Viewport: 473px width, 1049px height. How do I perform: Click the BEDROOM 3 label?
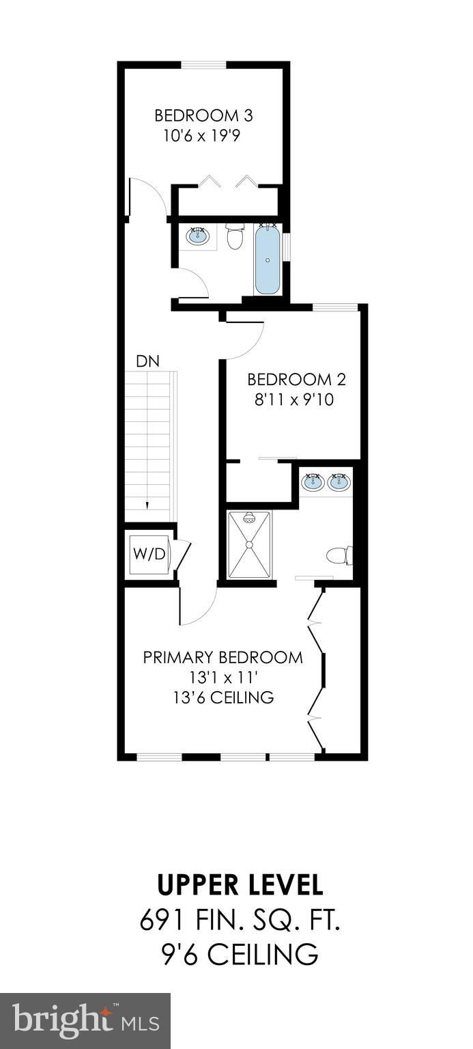coord(203,115)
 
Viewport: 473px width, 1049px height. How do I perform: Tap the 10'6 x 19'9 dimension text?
coord(201,137)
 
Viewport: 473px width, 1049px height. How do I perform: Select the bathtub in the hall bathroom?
coord(267,259)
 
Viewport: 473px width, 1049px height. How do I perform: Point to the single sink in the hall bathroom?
coord(199,236)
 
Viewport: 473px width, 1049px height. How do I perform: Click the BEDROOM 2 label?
coord(297,379)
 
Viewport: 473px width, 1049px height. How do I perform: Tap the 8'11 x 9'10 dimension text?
coord(294,400)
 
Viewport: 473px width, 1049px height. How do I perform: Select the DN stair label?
coord(148,361)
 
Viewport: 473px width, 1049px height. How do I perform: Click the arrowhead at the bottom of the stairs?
coord(147,505)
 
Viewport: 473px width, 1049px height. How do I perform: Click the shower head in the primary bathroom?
coord(249,518)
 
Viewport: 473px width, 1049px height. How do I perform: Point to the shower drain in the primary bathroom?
coord(249,544)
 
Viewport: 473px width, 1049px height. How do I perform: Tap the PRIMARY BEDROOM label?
coord(223,658)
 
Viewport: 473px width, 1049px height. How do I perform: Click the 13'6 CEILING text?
coord(224,698)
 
